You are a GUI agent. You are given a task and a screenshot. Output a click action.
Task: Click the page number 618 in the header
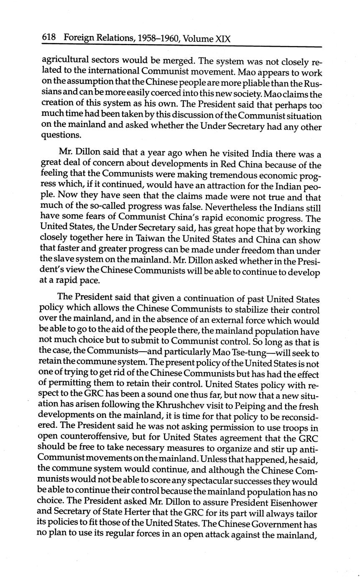click(x=49, y=38)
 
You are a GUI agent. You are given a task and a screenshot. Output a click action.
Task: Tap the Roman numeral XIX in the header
click(x=222, y=39)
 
